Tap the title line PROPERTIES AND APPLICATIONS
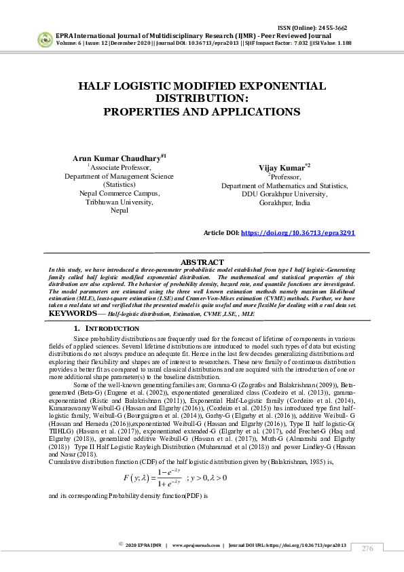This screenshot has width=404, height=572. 202,111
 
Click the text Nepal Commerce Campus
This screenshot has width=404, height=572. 120,193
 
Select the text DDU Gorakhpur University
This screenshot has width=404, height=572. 284,194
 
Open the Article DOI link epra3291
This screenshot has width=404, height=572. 297,232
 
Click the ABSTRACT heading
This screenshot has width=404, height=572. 202,262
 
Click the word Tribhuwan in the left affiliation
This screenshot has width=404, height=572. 102,202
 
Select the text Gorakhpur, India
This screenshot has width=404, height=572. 284,202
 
